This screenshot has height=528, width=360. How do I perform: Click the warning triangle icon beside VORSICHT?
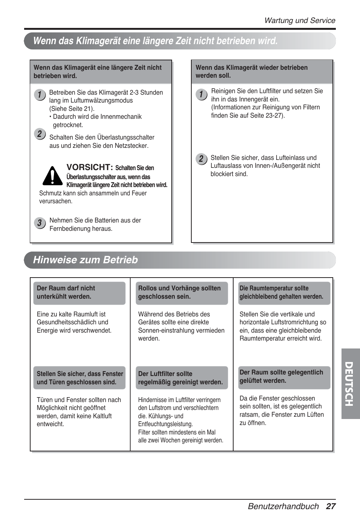tap(52, 176)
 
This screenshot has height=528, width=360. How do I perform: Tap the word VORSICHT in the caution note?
tap(89, 167)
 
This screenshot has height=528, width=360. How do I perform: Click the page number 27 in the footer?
tap(331, 507)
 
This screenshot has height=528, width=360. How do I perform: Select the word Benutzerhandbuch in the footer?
tap(283, 507)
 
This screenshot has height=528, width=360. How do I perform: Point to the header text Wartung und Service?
tap(300, 21)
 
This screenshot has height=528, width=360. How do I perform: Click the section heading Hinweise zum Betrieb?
tap(86, 260)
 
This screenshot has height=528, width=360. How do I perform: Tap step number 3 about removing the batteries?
tap(39, 223)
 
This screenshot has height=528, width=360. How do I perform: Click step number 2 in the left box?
tap(39, 134)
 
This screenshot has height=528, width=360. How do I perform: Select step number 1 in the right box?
tap(201, 95)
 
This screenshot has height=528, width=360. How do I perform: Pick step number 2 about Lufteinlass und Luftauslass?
tap(201, 159)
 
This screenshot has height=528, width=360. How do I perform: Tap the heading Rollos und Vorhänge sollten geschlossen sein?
tap(180, 293)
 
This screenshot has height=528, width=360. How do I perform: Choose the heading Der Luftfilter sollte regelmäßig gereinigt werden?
tap(180, 378)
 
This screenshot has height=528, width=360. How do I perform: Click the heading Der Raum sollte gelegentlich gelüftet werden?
tap(282, 376)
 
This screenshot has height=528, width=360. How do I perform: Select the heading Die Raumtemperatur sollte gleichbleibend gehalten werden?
tap(282, 293)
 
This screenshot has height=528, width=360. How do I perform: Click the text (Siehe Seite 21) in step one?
tap(72, 109)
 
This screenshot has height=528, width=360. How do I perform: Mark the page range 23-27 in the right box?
tap(274, 115)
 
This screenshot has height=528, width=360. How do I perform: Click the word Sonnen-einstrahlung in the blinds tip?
tap(165, 330)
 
